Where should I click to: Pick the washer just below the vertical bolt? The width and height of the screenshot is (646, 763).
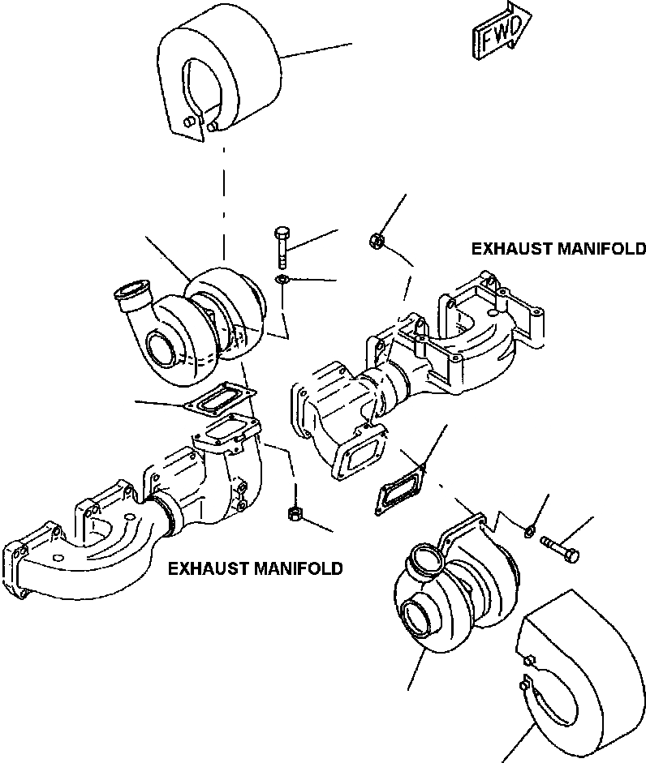click(282, 280)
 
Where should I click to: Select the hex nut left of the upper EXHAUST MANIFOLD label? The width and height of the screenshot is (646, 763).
click(376, 240)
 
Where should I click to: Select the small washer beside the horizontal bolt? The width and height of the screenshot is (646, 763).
click(529, 532)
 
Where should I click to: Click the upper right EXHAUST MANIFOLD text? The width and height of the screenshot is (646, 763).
click(558, 249)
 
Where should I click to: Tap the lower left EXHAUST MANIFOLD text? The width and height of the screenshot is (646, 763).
click(255, 569)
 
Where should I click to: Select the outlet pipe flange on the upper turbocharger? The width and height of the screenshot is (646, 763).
click(131, 291)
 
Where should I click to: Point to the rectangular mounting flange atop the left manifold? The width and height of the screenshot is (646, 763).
click(227, 431)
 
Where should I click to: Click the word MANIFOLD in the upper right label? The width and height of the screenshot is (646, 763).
click(601, 249)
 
